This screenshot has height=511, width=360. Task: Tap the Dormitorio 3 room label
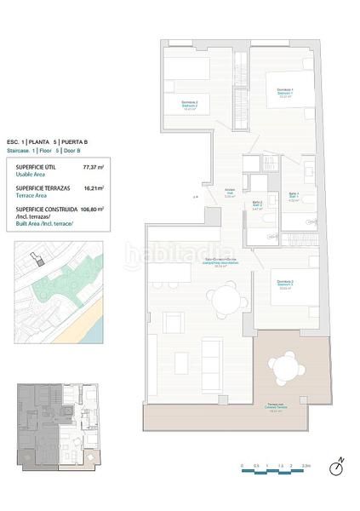pos(284,284)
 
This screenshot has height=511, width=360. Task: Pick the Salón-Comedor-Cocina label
pos(201,263)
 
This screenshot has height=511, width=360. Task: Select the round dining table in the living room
pos(225,299)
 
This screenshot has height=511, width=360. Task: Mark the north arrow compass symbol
pos(337,465)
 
